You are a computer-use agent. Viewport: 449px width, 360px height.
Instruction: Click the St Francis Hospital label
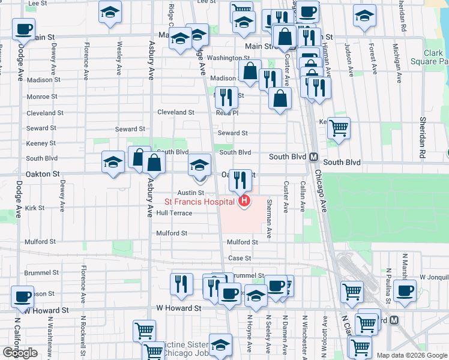pos(200,202)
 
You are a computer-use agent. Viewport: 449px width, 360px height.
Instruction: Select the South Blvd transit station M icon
pos(313,157)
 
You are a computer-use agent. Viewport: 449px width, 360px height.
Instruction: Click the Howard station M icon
pos(394,320)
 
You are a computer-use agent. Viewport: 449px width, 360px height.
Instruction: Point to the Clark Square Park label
pos(429,57)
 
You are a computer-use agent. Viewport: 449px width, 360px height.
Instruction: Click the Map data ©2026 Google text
pos(411,355)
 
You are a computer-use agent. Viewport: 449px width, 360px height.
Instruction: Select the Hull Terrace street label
pos(174,213)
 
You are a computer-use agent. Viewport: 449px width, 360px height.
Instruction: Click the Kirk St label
pos(35,208)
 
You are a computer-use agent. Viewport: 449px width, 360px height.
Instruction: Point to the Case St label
pos(239,258)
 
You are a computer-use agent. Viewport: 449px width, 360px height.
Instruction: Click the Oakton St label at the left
pos(42,173)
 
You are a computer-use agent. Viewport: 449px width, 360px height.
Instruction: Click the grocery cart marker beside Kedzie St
pos(339,127)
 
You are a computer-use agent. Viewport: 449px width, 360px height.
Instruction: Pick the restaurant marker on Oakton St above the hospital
pos(240,178)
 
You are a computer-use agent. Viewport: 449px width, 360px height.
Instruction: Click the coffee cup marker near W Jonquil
pos(403,290)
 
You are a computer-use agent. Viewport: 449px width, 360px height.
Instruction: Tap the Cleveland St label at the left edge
pos(45,113)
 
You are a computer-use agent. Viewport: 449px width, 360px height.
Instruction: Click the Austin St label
pos(187,192)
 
